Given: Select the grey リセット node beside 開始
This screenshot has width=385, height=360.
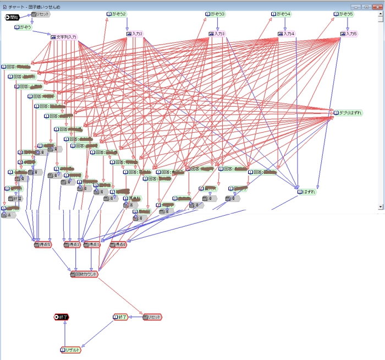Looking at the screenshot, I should coord(41,14).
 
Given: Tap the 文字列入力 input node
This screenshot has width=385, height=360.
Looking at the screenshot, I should coord(64,37).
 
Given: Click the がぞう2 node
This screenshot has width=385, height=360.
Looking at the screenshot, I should coord(116,14).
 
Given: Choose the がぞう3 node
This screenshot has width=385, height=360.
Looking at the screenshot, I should coord(216,14).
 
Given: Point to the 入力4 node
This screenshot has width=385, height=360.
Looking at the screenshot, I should coord(287,34).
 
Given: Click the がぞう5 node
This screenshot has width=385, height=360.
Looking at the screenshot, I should coord(344,14).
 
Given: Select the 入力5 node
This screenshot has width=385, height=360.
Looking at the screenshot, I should coord(349,34).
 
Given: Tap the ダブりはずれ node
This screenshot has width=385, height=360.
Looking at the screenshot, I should coord(348,113).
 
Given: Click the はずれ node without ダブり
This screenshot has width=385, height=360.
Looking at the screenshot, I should coord(306,192).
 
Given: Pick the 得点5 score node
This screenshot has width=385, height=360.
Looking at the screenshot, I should coord(42,244).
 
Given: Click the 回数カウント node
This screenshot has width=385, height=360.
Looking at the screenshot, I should coord(84,274).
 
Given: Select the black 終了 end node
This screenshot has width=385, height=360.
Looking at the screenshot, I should coord(62,317).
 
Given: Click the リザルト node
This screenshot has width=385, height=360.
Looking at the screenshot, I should coord(70,350).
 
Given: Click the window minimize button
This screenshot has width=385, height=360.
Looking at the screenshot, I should coord(355,6).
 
